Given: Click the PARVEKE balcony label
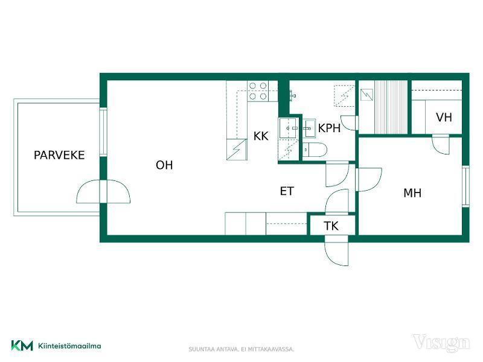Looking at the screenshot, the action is click(x=59, y=155).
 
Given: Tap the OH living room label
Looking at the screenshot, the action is click(x=164, y=165).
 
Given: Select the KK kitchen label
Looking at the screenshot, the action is click(x=261, y=136).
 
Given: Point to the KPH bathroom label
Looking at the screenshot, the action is click(x=329, y=128).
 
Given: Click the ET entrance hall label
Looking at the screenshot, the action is click(x=287, y=191).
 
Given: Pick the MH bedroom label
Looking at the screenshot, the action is click(x=412, y=193).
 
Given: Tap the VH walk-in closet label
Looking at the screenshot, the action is click(x=444, y=117).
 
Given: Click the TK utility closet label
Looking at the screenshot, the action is click(x=331, y=226).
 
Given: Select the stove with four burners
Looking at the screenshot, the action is click(x=258, y=91).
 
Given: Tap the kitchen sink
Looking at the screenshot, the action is click(x=289, y=128).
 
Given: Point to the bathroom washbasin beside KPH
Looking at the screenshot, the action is click(x=309, y=128).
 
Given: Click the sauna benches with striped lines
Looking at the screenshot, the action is click(x=391, y=107).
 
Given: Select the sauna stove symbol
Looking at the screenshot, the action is click(x=366, y=95).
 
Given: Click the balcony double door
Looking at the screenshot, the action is click(x=103, y=191).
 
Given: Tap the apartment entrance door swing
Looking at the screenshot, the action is click(x=336, y=250).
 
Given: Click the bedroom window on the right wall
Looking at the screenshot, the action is click(x=465, y=186).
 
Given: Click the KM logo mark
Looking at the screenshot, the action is click(x=22, y=345).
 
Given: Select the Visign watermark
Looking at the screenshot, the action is click(x=441, y=343).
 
